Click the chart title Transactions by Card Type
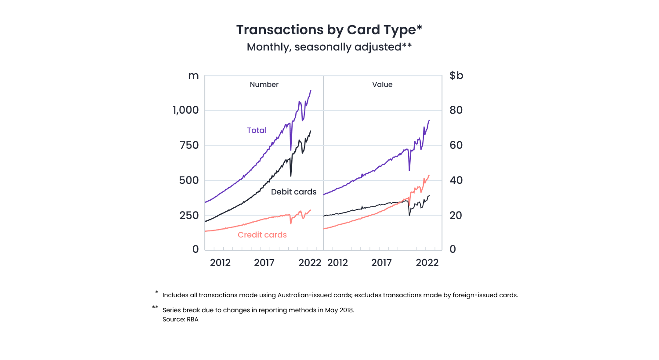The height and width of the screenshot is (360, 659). [x=329, y=30]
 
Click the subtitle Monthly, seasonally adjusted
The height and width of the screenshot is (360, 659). [x=329, y=47]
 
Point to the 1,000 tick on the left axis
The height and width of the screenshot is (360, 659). [x=185, y=110]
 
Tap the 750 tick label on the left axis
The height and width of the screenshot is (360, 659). [x=189, y=145]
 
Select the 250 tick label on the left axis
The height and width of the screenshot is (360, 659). [x=189, y=216]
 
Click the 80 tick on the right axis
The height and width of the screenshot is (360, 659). [x=456, y=110]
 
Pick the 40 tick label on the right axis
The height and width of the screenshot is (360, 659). [x=456, y=180]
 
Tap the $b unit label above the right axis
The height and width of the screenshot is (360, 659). [x=456, y=76]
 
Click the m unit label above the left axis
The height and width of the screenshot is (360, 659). [x=193, y=76]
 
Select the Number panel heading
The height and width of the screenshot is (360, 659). [x=264, y=85]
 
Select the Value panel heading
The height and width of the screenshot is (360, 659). [x=382, y=85]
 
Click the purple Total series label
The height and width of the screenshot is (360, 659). [x=257, y=130]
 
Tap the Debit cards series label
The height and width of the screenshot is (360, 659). [x=293, y=192]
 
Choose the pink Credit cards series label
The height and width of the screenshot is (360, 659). [x=262, y=235]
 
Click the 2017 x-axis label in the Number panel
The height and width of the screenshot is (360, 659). [x=264, y=263]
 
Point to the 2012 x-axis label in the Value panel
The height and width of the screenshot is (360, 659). [x=337, y=263]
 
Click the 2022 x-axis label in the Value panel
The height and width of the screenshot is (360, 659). [x=427, y=263]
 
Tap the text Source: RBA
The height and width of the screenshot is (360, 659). [x=181, y=319]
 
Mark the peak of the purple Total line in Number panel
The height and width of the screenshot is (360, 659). [x=311, y=91]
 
